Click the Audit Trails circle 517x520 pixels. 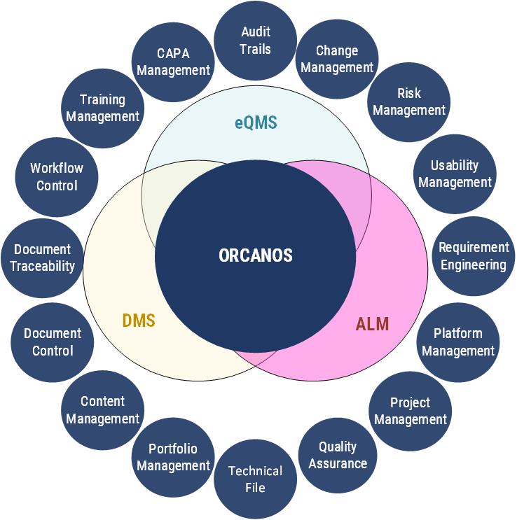point(255,41)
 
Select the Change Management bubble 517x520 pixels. point(337,59)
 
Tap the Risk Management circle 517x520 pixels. point(409,101)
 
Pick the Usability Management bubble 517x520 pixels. point(455,174)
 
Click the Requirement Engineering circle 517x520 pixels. point(473,256)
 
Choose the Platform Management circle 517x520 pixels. point(458,342)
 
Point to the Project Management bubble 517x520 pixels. point(410,411)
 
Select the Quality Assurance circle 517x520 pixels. point(338,455)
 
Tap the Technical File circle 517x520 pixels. point(255,479)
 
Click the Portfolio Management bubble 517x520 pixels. point(173,457)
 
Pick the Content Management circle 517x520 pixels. point(103,410)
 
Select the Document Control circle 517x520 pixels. point(53,342)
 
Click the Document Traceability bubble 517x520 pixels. point(43,258)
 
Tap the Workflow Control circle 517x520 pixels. point(56,177)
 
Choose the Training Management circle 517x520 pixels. point(103,108)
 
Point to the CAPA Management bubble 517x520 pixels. point(173,62)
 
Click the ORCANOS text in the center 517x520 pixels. point(255,255)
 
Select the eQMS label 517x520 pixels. point(256,123)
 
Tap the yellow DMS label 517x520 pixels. point(139,321)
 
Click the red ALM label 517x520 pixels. point(372,324)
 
